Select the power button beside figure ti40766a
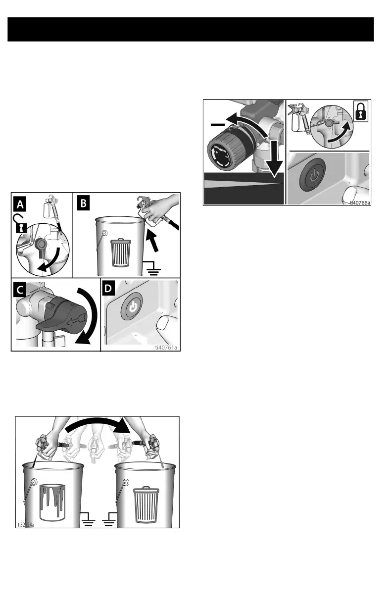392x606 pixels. point(313,176)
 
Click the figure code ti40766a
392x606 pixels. point(360,202)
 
